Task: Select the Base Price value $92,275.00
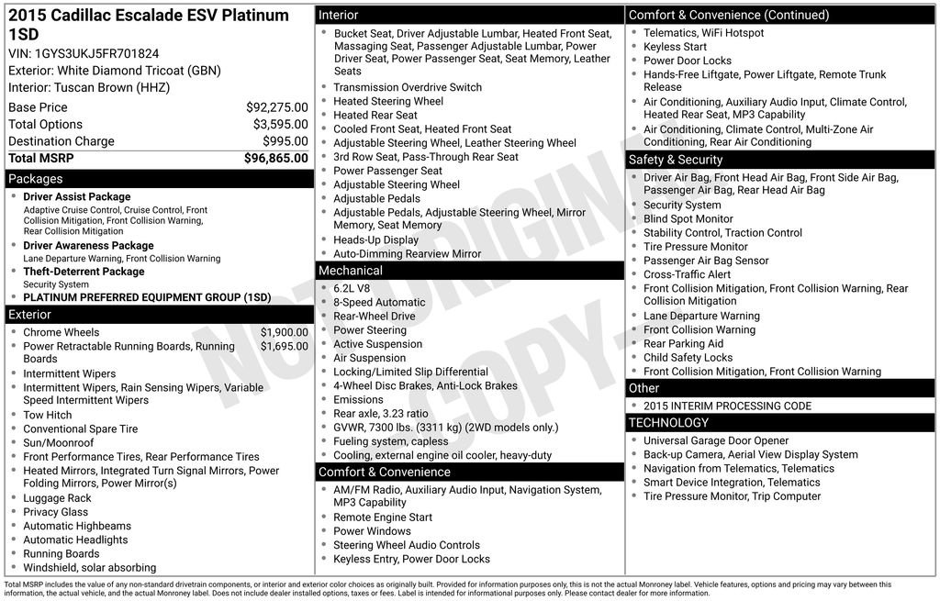coord(276,107)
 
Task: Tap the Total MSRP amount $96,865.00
coord(275,159)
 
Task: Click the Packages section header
coord(36,179)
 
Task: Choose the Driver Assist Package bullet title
coord(77,197)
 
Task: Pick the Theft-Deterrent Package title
coord(84,272)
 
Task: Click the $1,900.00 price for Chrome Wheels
coord(284,332)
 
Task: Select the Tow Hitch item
coord(48,416)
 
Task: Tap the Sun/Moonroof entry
coord(58,443)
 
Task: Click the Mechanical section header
coord(350,271)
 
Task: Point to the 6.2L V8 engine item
coord(352,288)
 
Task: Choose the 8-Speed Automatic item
coord(379,303)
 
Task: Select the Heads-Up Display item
coord(375,240)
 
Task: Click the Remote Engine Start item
coord(383,518)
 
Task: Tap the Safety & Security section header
coord(676,160)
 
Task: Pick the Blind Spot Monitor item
coord(688,219)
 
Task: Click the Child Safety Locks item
coord(688,358)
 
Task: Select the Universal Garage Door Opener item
coord(716,441)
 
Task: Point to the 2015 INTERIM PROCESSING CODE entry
coord(727,406)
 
